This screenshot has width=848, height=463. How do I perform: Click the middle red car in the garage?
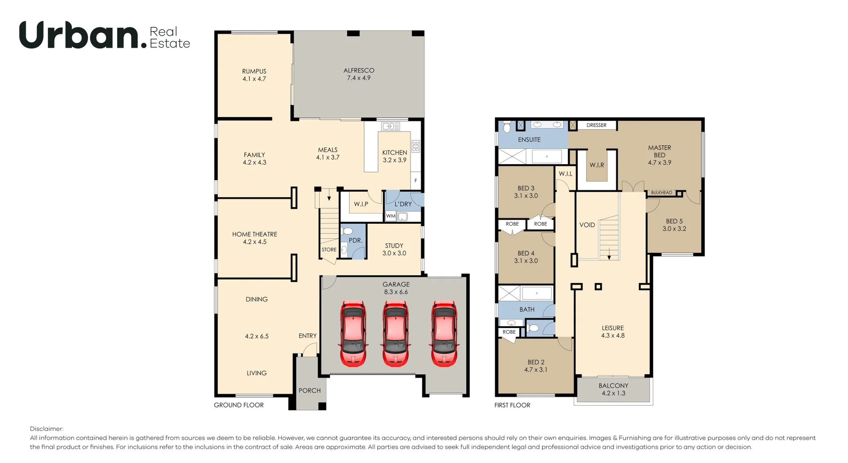click(396, 333)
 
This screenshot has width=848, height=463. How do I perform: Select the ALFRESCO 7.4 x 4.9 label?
click(359, 74)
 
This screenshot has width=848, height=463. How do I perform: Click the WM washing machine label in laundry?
click(390, 216)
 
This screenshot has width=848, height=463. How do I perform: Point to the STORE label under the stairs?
click(329, 250)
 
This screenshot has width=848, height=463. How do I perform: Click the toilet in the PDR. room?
click(348, 231)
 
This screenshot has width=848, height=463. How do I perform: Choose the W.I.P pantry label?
click(361, 204)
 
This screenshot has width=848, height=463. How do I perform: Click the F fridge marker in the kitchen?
click(416, 181)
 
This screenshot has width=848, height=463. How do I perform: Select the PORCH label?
click(310, 391)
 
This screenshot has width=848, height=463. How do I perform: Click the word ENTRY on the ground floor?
click(307, 336)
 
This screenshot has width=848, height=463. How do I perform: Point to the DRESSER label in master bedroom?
click(596, 125)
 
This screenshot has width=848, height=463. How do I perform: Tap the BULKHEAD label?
click(662, 193)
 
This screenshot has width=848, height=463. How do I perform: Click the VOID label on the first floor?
click(587, 225)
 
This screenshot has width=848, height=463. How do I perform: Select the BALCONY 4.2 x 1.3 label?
click(613, 390)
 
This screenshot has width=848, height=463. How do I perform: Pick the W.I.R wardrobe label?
click(597, 165)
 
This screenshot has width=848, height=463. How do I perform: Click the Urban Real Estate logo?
click(105, 35)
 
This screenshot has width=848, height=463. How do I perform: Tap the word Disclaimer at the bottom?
click(46, 429)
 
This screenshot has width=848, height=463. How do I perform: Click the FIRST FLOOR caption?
click(512, 405)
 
